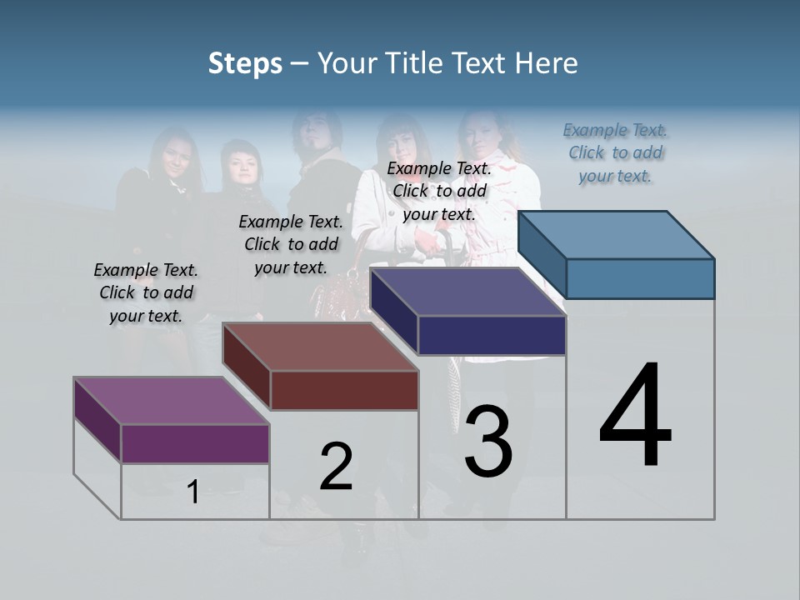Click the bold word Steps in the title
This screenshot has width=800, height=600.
pos(245,63)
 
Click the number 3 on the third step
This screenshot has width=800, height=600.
pos(488,442)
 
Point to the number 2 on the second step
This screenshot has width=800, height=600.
pos(336,467)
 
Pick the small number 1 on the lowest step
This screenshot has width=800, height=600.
pos(193,492)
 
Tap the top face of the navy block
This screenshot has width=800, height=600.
pos(468,292)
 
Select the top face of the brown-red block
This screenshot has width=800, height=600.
pos(320,347)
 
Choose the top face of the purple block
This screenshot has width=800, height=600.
pos(172,401)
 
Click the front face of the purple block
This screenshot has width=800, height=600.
pos(195,443)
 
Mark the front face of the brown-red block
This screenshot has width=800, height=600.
pos(344,390)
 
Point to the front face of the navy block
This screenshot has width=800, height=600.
pos(492,335)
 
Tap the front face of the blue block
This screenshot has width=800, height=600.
pos(640,278)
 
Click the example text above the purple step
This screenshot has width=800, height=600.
pos(146,292)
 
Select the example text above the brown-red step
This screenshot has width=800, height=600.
pos(291,244)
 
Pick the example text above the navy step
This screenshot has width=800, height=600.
pos(439,191)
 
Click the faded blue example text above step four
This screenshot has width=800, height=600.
pos(615,152)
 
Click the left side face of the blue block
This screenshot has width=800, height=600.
pos(542,254)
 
